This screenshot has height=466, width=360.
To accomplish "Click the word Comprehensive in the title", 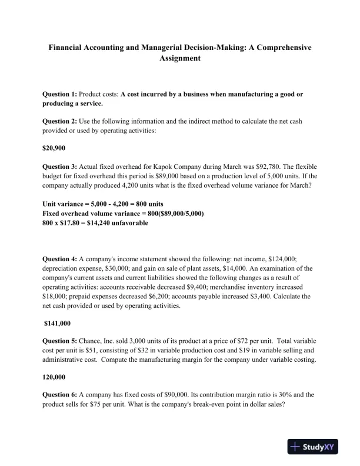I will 282,46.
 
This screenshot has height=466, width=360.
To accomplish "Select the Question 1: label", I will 60,94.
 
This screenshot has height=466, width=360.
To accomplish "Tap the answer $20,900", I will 54,148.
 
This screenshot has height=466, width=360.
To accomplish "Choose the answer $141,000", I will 58,323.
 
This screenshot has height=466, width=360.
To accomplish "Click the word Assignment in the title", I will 180,59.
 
